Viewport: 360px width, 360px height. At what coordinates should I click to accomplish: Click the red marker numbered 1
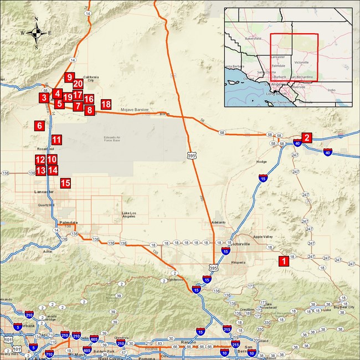(x=283, y=260)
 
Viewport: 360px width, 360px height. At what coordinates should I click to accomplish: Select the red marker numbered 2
(x=307, y=138)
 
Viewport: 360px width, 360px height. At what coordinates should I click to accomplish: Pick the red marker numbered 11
(x=56, y=140)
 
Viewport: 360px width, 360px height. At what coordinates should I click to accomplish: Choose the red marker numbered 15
(x=65, y=183)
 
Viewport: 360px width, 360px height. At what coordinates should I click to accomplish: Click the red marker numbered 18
(x=106, y=104)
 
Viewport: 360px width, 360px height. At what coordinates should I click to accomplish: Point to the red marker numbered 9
(x=69, y=78)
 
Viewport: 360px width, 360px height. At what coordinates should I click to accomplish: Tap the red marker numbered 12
(x=40, y=160)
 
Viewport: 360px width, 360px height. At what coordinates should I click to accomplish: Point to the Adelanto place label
(x=219, y=222)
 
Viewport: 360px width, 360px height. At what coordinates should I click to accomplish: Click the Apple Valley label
(x=263, y=237)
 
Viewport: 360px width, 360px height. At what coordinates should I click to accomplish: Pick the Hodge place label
(x=261, y=162)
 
